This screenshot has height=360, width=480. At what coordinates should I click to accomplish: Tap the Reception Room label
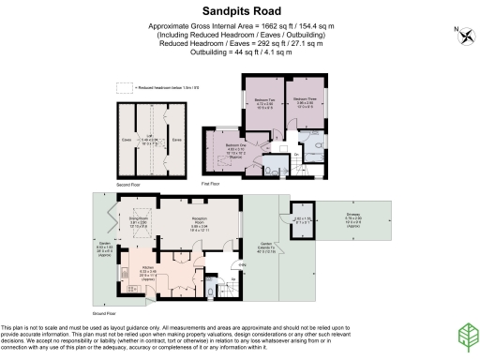tap(199, 224)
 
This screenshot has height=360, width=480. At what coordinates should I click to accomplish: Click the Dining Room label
tap(140, 224)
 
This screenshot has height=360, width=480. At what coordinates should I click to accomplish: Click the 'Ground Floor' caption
tap(105, 313)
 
